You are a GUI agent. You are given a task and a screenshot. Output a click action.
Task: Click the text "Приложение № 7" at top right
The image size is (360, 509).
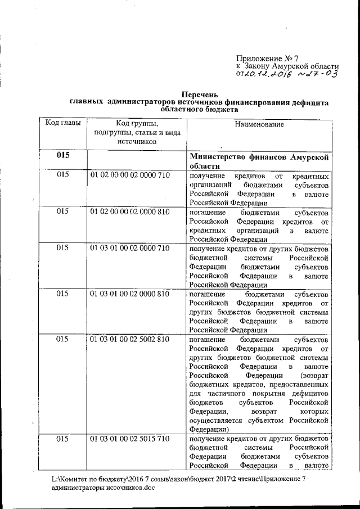point(269,57)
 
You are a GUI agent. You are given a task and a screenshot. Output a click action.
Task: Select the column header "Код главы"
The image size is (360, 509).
point(62,123)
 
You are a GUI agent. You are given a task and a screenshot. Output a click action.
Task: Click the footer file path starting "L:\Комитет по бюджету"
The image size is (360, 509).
point(179,479)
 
